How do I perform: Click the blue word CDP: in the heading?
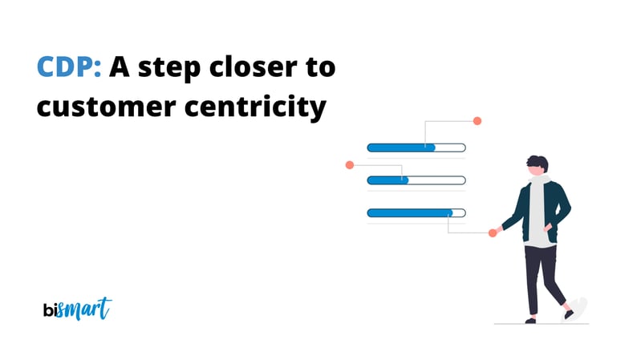point(69,68)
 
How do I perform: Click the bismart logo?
point(77,309)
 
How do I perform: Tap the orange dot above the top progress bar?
point(477,121)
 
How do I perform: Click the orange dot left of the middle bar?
point(349,165)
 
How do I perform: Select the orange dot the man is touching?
point(493,233)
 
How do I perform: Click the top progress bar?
point(416,148)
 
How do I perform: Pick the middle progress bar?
point(416,180)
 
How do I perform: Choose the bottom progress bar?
point(416,212)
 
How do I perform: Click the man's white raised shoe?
point(578,308)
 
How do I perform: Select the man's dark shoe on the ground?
point(531,320)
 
